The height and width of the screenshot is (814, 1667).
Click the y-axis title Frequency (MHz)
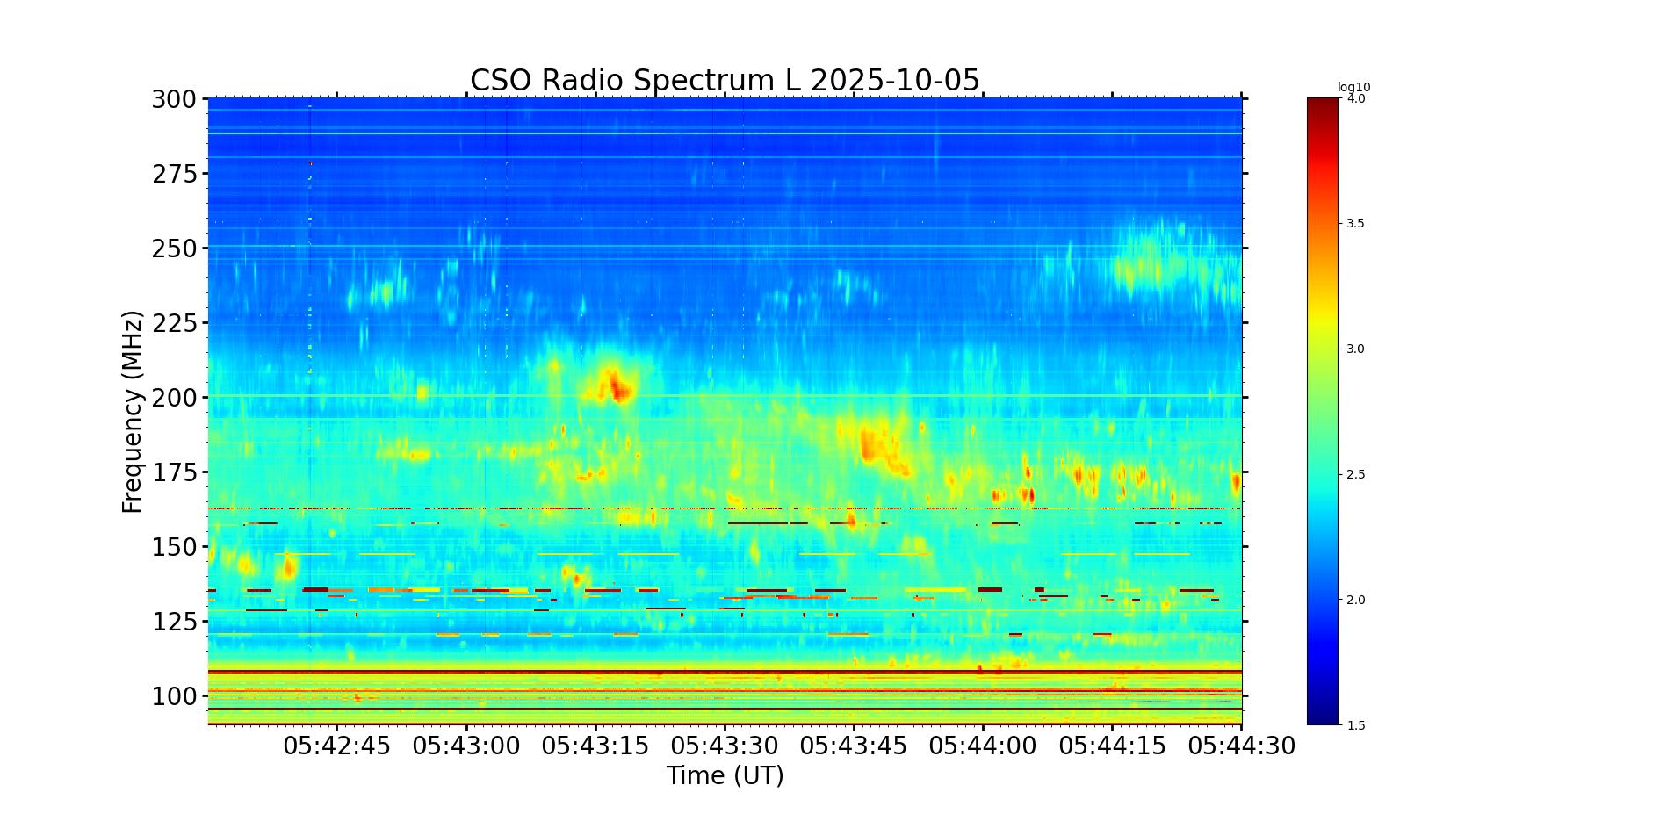(x=132, y=411)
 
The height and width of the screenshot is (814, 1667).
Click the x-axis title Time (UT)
(x=725, y=775)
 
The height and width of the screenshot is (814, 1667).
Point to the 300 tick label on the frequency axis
(x=174, y=99)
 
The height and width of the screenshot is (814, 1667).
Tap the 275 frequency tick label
(x=174, y=174)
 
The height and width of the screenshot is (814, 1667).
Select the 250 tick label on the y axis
(x=174, y=249)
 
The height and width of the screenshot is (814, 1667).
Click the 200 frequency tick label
(x=174, y=398)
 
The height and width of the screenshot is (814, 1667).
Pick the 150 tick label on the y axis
(x=174, y=547)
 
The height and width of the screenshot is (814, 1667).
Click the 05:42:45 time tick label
(x=336, y=746)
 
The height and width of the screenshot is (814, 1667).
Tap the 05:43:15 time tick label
(x=595, y=746)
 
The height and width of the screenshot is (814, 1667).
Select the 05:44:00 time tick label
(x=983, y=746)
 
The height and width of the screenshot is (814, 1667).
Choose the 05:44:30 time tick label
(x=1241, y=746)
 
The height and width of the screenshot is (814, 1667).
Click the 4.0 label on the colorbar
(x=1356, y=98)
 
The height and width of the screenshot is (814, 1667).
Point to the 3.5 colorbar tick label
(x=1356, y=224)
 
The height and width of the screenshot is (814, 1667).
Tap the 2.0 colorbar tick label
(x=1356, y=600)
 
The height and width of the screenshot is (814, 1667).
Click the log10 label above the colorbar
(x=1353, y=87)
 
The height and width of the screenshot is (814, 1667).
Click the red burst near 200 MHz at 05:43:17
(x=617, y=386)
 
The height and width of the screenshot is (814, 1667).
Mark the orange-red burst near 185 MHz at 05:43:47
(x=870, y=443)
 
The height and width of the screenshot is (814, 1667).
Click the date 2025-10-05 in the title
(x=894, y=80)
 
